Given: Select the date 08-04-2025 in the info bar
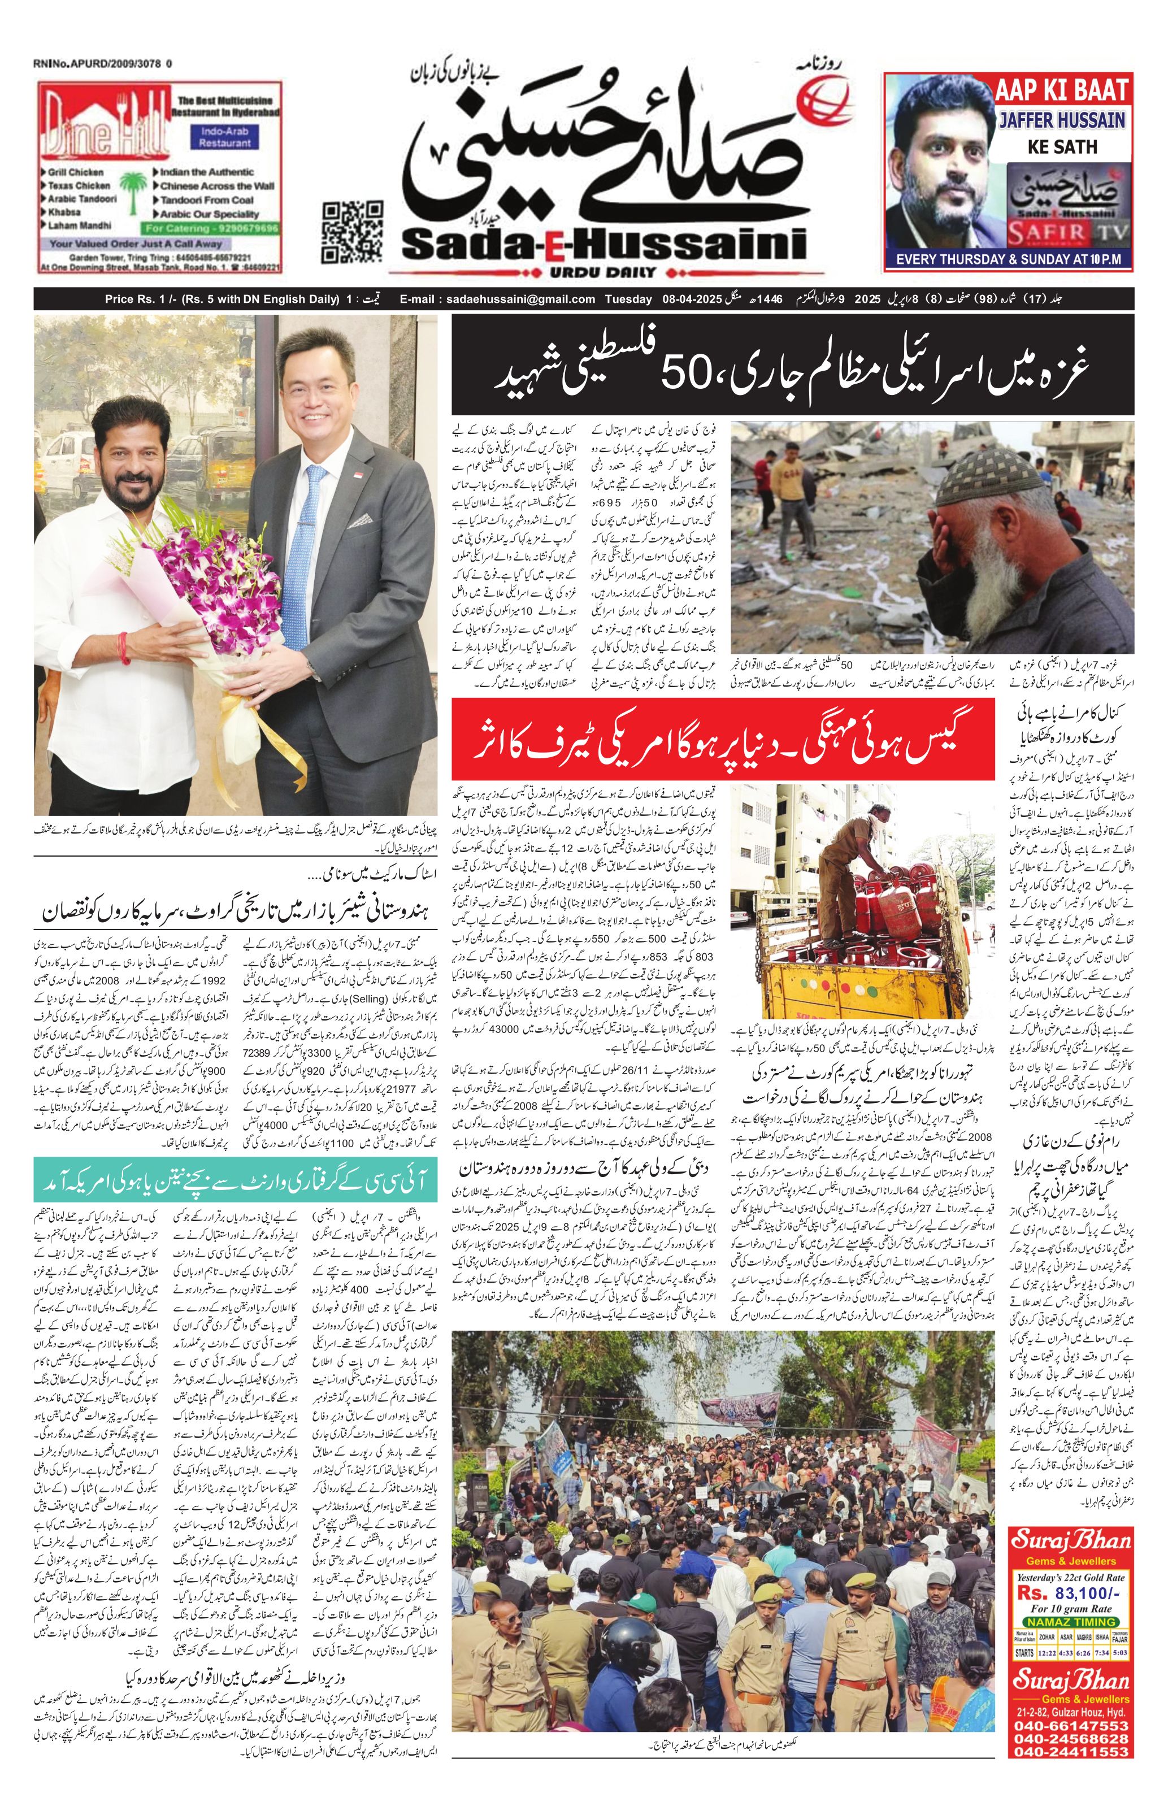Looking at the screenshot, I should (691, 299).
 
